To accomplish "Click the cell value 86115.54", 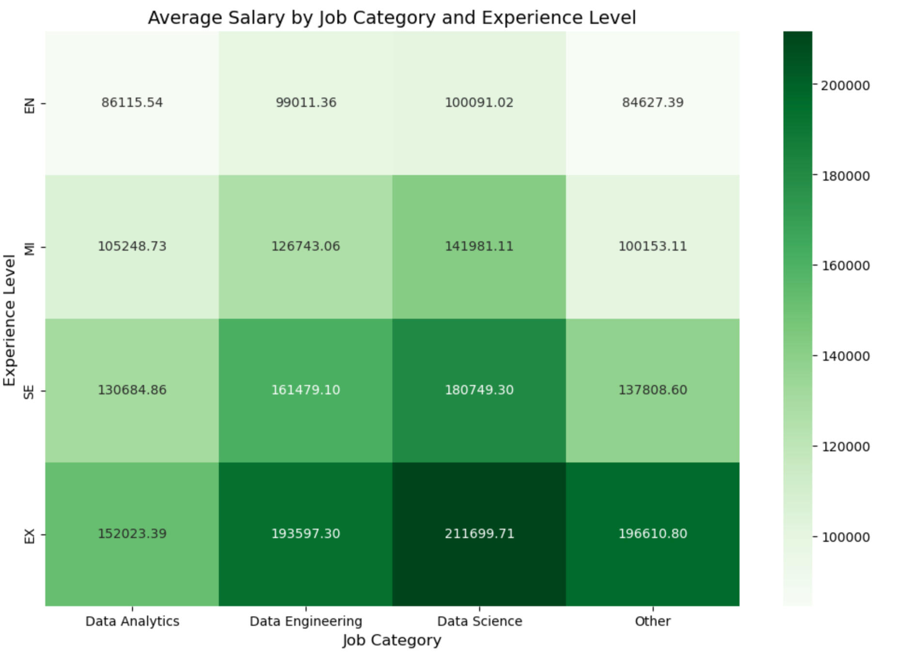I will tap(132, 103).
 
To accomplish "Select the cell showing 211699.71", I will tap(479, 533).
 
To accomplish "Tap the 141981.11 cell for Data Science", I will tap(479, 246).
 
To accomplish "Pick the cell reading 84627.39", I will tap(652, 103).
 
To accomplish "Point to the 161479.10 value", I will tap(306, 390).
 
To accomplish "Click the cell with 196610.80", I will tap(652, 533).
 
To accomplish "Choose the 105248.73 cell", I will tap(132, 246).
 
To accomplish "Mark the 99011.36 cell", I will tap(306, 103).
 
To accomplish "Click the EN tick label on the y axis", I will tap(30, 105).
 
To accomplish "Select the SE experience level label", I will tap(30, 392).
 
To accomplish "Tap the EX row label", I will tap(30, 536).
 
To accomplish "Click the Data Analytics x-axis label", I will tap(132, 621).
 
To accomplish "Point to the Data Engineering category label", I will tap(306, 621).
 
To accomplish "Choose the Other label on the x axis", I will tap(652, 621).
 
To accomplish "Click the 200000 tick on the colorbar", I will tap(845, 85).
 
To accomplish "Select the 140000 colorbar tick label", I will tap(845, 356).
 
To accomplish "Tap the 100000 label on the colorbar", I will tap(845, 537).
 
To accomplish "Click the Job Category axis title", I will tap(392, 640).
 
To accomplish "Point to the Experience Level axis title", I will tap(10, 320).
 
